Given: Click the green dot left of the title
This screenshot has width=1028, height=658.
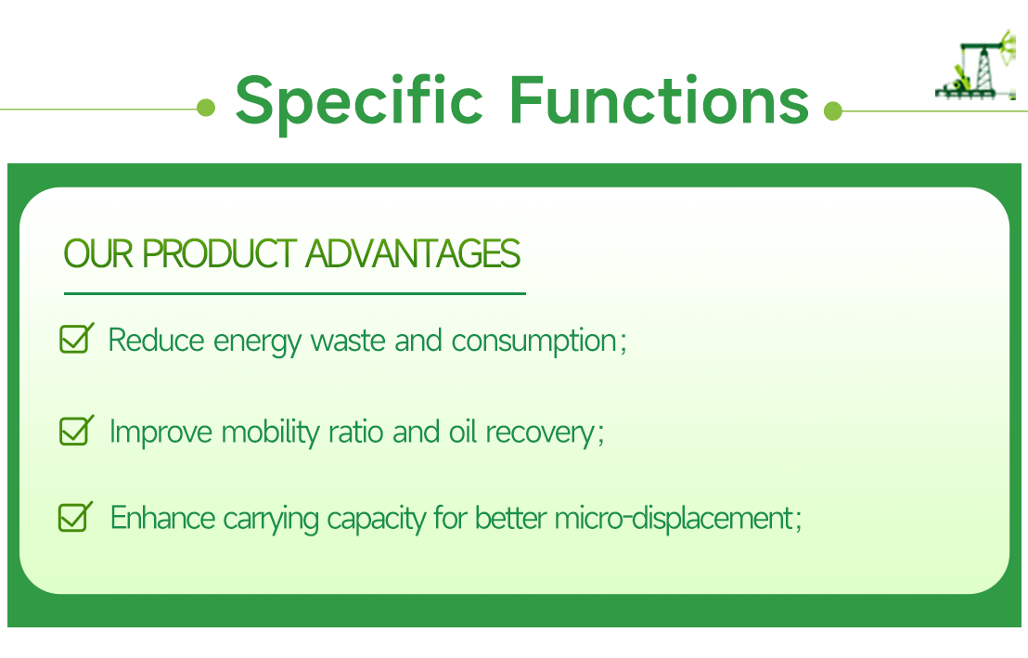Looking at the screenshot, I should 206,109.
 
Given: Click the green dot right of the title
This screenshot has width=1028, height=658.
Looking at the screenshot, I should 832,111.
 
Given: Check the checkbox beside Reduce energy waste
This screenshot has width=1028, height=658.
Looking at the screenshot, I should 75,339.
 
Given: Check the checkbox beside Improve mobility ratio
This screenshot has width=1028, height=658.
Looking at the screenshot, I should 75,431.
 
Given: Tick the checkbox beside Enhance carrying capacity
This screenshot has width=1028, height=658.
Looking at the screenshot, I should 75,516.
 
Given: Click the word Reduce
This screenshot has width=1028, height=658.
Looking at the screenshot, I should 156,341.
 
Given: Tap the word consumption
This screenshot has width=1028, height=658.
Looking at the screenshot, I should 533,342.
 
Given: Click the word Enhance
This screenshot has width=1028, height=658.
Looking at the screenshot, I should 163,518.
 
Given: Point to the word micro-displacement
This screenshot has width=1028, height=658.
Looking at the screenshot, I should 674,518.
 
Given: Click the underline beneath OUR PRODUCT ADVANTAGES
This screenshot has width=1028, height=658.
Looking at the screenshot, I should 294,293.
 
